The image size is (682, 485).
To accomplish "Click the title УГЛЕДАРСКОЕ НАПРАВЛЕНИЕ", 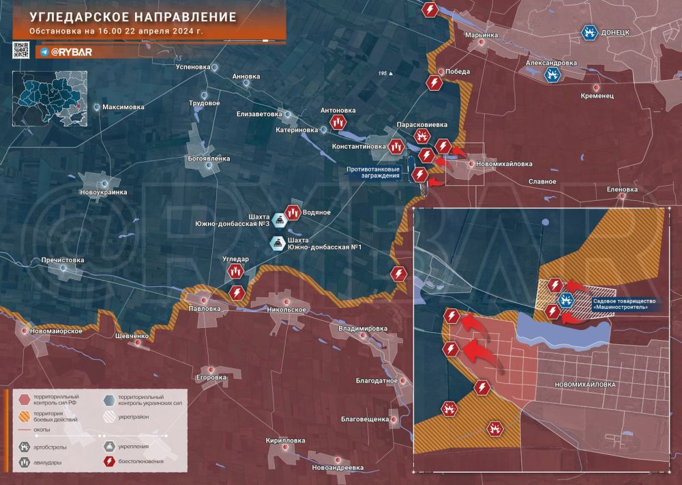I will point(133,16).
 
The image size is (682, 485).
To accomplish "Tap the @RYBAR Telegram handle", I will point(72,51).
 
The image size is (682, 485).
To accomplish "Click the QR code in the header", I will point(21,49).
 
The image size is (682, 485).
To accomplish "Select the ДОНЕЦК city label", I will point(621,32).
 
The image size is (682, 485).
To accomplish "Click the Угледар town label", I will point(236,260).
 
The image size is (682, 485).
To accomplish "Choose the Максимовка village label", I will point(123,107).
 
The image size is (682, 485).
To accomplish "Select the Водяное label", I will point(316,212).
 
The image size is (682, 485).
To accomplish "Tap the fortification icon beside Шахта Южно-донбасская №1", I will point(278,243).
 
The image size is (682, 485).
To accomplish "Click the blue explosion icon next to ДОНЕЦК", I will point(589,31).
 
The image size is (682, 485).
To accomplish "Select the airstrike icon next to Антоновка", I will point(337,122).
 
